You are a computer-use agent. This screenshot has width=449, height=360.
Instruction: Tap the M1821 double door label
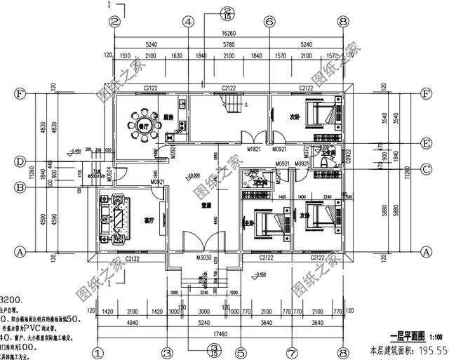coord(254,149)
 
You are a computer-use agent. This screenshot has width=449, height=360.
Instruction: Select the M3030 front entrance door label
coord(204,258)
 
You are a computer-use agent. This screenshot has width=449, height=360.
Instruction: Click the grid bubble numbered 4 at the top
coord(188,22)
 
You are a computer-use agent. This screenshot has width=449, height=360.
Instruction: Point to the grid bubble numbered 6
coord(269,22)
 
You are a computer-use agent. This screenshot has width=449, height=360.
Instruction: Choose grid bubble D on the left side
coord(20,162)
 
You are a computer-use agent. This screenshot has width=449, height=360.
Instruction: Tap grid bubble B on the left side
coord(20,187)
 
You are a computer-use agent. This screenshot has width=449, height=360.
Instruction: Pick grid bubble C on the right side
coord(425,168)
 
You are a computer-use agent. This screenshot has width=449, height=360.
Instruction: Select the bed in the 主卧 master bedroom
coord(269,226)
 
